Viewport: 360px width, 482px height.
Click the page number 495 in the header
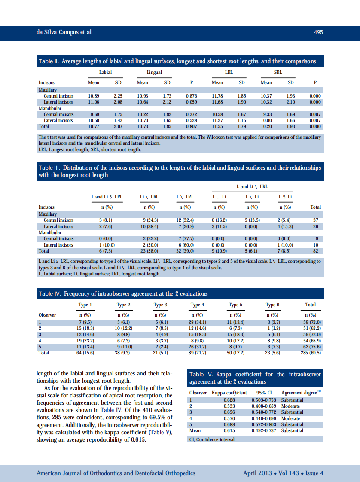click(x=318, y=32)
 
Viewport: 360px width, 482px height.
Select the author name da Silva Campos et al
click(x=64, y=32)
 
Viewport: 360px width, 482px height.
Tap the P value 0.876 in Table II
click(x=192, y=96)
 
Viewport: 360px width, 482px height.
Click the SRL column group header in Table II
click(x=278, y=73)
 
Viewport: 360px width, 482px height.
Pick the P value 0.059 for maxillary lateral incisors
click(x=192, y=102)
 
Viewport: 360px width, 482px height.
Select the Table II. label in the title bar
click(x=49, y=61)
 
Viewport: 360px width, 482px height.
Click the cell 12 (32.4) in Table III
click(x=185, y=220)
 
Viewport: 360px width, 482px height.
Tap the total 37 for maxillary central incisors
click(x=315, y=220)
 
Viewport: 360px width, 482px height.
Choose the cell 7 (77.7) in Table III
click(x=185, y=238)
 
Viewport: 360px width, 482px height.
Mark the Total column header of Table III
click(x=315, y=207)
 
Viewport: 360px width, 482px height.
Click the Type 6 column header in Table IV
click(x=272, y=305)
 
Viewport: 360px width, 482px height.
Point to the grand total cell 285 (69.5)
click(x=310, y=353)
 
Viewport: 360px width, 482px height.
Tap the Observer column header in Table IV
click(x=47, y=315)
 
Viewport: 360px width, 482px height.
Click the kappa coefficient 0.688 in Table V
click(x=229, y=424)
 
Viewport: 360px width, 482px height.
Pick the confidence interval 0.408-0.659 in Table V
click(x=264, y=406)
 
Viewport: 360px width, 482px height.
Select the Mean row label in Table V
click(x=195, y=430)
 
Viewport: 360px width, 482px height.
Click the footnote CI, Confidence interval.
click(x=212, y=439)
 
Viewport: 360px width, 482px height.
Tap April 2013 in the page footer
click(x=257, y=473)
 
